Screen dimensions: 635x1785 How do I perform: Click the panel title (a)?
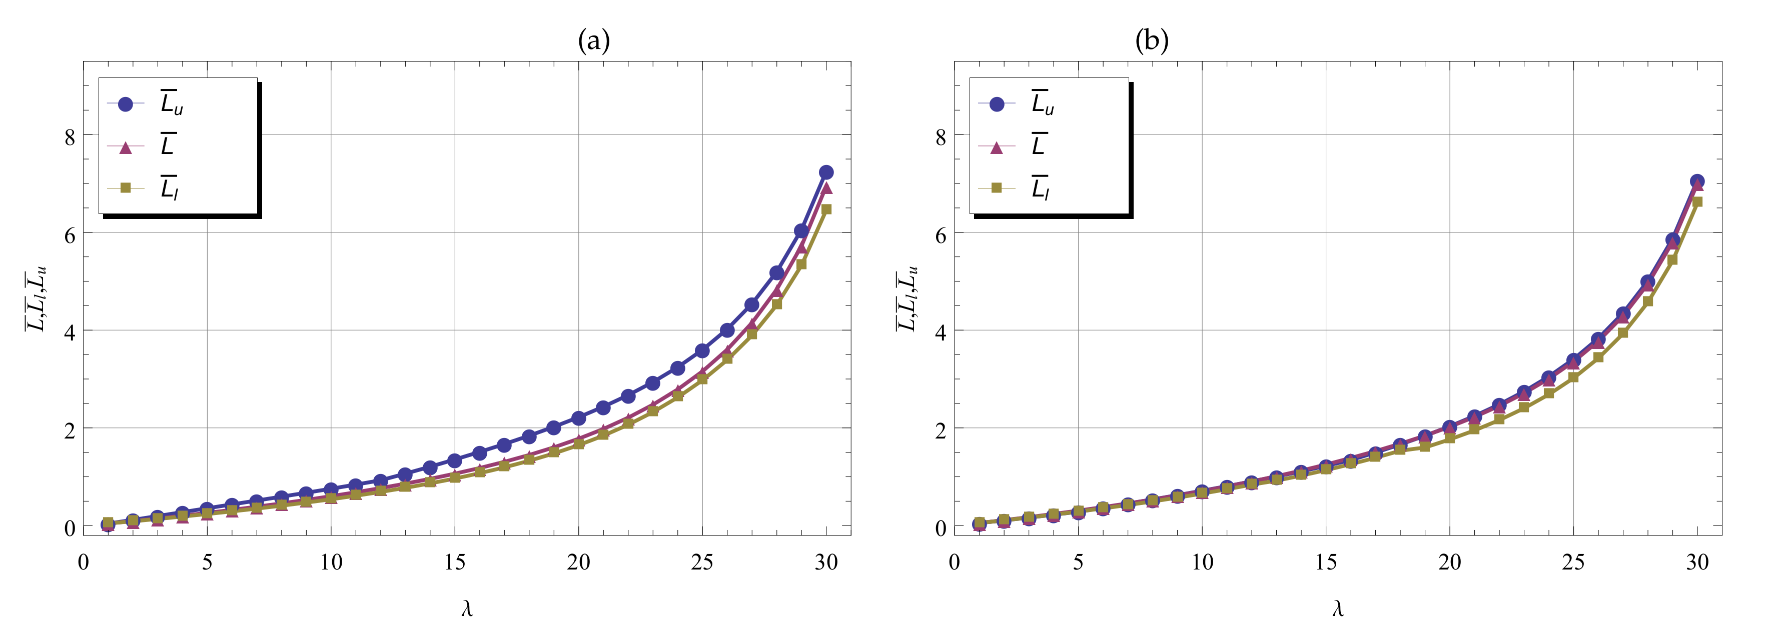[594, 41]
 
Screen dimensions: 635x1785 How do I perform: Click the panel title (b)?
[1152, 41]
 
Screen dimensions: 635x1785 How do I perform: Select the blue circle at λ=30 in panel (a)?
[826, 172]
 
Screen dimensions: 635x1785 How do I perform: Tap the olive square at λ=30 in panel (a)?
[826, 209]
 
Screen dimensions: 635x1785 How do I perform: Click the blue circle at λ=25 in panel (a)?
[702, 350]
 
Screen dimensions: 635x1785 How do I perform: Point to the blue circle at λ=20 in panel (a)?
[579, 418]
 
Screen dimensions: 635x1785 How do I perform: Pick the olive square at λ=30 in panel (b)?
[1697, 201]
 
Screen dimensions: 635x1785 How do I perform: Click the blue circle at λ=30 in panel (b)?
[1697, 181]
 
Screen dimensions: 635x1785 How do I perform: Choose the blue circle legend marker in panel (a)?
[126, 104]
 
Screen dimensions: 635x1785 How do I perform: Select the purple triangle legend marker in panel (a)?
[126, 147]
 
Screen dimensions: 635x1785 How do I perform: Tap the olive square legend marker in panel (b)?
[997, 187]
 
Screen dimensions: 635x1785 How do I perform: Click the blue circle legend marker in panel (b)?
[997, 104]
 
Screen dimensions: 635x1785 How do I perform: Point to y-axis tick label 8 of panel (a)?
[70, 137]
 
